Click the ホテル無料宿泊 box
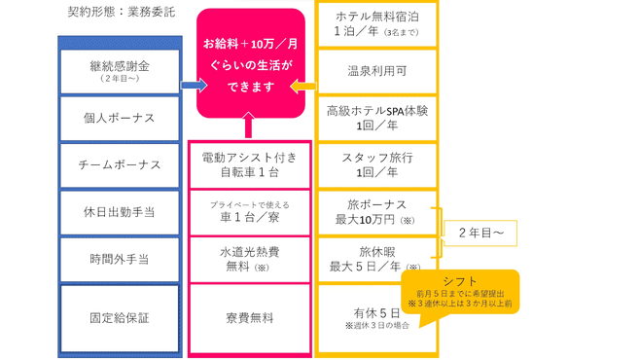pyautogui.click(x=377, y=23)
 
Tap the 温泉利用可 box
pyautogui.click(x=377, y=71)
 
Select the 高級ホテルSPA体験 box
pyautogui.click(x=377, y=118)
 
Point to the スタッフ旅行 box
pyautogui.click(x=377, y=164)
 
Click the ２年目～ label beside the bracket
pyautogui.click(x=480, y=234)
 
